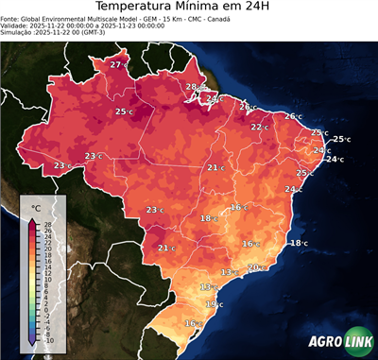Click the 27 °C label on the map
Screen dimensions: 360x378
tap(118, 64)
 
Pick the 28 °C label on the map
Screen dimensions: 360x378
tap(193, 87)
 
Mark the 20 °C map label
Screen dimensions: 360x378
tap(255, 267)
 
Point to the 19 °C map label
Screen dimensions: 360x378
tap(214, 304)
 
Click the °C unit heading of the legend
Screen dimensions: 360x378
tap(36, 207)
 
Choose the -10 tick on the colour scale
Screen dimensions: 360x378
tap(49, 340)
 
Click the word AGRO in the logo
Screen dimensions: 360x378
tap(326, 343)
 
